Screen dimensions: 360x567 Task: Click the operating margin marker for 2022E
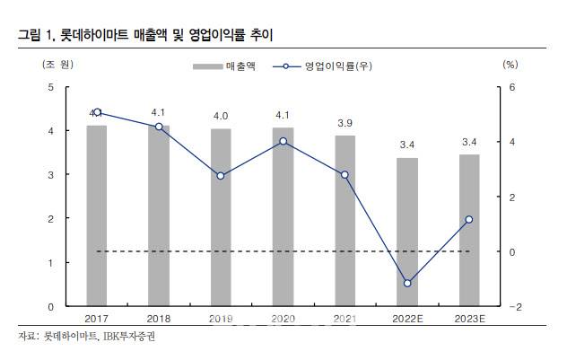[407, 283]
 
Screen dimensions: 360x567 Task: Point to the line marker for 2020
[283, 141]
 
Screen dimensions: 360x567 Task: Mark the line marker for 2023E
[469, 219]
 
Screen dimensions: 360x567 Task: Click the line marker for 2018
[159, 127]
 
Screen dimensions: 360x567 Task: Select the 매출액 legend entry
[225, 66]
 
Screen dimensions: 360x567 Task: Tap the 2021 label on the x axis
[345, 318]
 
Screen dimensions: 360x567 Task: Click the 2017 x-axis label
[97, 318]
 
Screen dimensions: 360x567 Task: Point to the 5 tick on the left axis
[52, 87]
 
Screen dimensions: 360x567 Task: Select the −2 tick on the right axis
[512, 306]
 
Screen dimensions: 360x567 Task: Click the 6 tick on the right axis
[511, 87]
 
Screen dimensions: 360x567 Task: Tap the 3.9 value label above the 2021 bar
[345, 123]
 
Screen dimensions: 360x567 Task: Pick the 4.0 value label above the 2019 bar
[221, 116]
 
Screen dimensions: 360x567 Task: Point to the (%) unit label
[510, 64]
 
